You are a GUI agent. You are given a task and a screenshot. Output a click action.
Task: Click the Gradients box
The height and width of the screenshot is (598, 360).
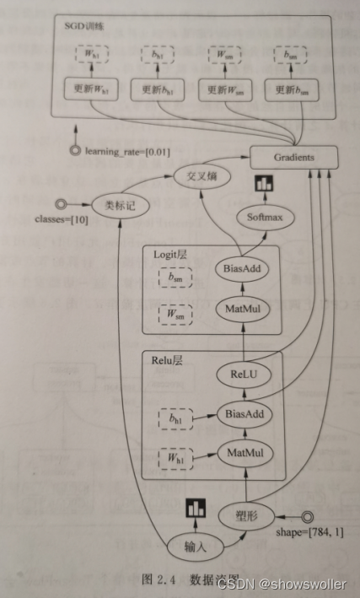click(293, 157)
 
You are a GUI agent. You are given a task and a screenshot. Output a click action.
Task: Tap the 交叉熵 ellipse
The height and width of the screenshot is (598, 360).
click(201, 177)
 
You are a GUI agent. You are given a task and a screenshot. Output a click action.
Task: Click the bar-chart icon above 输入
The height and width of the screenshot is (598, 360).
click(195, 509)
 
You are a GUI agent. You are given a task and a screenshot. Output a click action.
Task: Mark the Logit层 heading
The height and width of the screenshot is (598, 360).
click(171, 253)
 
